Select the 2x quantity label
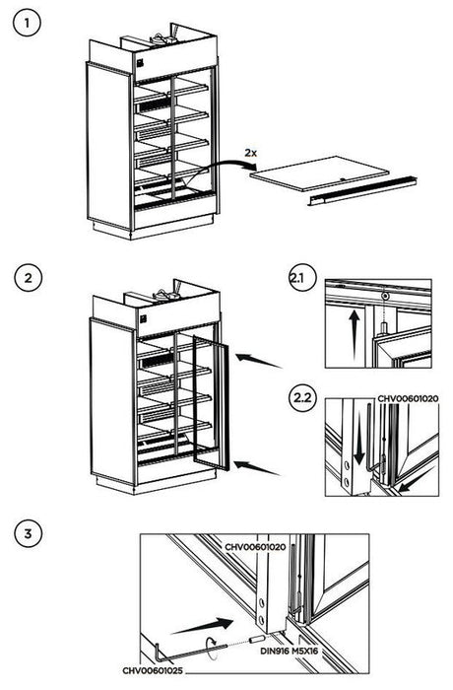tap(253, 154)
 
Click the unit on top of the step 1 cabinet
tap(162, 37)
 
